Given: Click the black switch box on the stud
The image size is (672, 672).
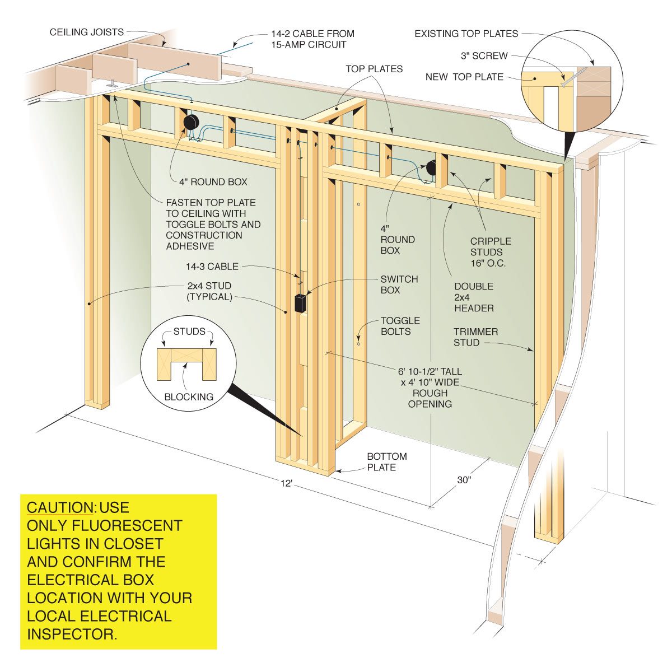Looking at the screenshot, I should (300, 303).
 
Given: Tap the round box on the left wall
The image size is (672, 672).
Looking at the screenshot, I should (192, 123).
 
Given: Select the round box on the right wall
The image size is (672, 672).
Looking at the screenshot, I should (431, 167).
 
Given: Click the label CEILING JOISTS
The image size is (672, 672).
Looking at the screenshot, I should (87, 32).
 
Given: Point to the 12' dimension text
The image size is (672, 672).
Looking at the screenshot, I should (287, 483).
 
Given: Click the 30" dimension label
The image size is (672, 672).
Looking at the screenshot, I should (464, 480).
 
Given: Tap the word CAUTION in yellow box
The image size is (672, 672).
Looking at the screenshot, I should (60, 508).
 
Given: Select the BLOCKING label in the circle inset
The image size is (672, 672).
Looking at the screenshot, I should (189, 397).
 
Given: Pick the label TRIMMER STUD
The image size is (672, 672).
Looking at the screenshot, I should (475, 337).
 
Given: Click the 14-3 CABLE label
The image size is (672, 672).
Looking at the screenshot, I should (212, 267).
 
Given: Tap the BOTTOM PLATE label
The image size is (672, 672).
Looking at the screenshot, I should (386, 462).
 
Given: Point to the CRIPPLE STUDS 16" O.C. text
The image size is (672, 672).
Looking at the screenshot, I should (491, 252).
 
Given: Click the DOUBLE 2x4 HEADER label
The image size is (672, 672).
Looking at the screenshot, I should (474, 297).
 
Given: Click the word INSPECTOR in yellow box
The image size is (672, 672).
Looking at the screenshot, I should (71, 634).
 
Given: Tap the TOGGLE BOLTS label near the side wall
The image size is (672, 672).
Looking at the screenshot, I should (400, 326).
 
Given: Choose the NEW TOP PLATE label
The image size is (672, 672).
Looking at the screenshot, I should (464, 77).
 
